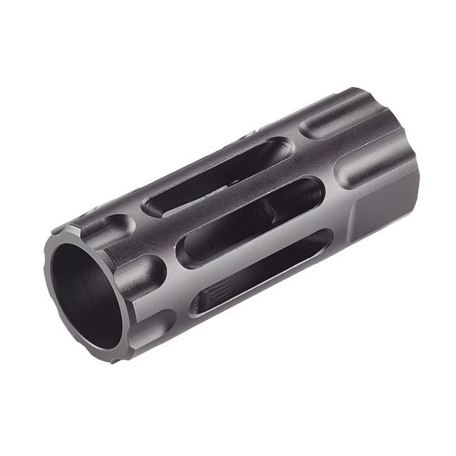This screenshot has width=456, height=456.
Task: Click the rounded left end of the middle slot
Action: [187, 253]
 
